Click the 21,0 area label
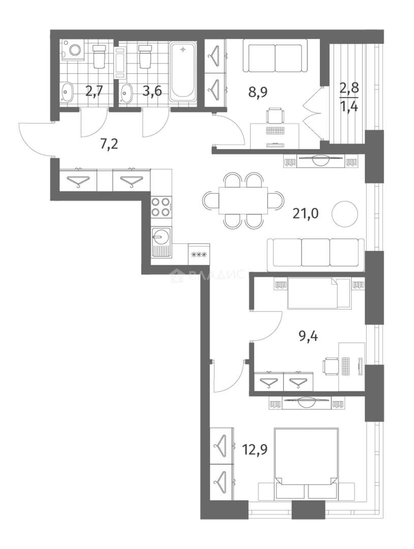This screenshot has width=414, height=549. point(306,213)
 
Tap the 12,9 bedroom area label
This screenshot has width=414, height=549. point(255,449)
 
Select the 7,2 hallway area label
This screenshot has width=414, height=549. point(109,143)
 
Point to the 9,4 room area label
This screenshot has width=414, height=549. point(308,337)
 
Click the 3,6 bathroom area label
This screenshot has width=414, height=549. point(153,91)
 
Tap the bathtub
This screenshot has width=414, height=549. point(183,72)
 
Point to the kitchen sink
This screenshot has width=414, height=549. point(161,242)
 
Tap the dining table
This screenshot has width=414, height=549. point(244,201)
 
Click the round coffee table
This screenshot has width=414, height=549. point(345,214)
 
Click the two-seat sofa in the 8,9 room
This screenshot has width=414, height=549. point(275,56)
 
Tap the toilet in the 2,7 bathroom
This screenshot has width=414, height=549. point(100,56)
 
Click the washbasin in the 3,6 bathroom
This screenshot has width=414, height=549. point(126,94)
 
